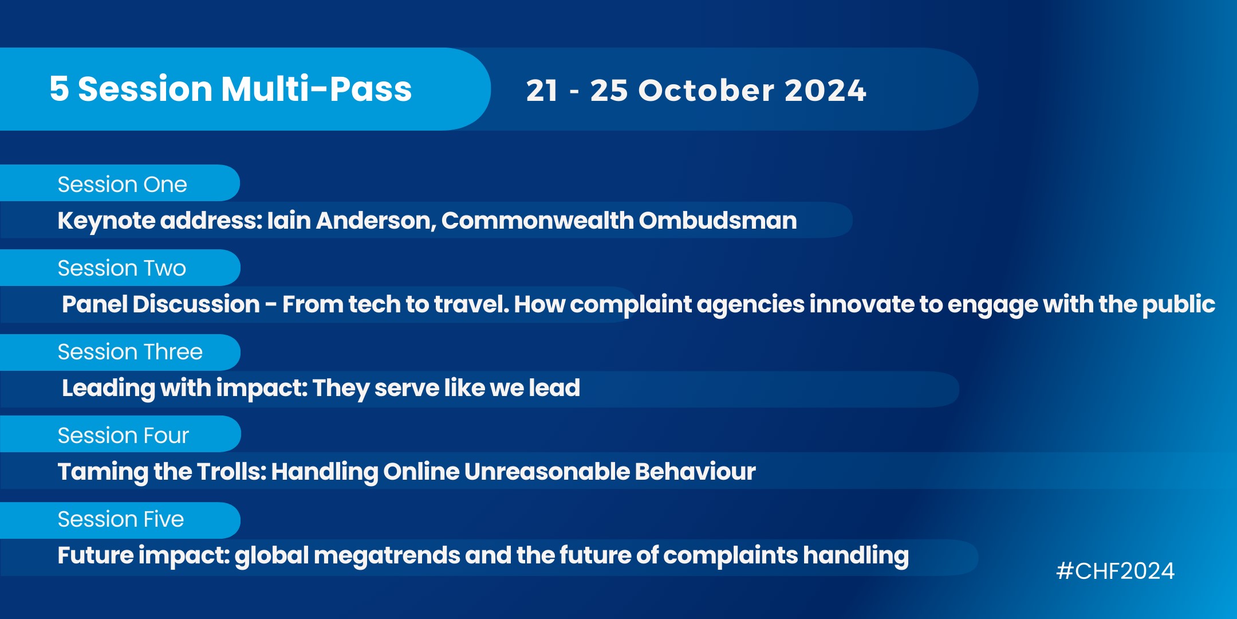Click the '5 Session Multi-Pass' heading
point(231,89)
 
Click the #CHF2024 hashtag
point(1115,571)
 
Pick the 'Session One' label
point(122,185)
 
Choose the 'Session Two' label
point(122,268)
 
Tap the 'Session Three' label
point(130,352)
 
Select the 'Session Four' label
point(123,436)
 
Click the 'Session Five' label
point(121,519)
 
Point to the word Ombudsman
point(718,221)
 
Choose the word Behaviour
point(695,472)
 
